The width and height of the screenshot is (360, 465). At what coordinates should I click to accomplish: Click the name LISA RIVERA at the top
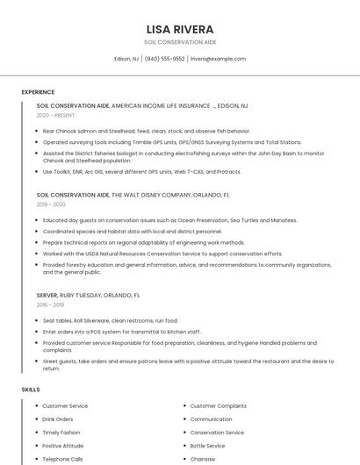179,29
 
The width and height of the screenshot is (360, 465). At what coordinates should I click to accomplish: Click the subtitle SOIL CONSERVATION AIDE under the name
179,42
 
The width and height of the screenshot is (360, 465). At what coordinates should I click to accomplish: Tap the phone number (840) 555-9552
165,59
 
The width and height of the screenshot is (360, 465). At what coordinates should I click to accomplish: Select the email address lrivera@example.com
218,59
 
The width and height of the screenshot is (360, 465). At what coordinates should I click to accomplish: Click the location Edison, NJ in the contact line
126,59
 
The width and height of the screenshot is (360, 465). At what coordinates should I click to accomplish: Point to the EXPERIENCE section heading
38,91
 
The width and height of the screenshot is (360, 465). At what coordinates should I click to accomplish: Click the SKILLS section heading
31,389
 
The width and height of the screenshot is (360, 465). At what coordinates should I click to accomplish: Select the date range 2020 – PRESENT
55,115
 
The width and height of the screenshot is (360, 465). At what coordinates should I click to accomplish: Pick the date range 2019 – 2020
51,204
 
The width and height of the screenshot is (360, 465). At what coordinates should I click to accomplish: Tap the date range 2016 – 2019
50,304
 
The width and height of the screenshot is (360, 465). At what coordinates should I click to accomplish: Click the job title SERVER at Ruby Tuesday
47,296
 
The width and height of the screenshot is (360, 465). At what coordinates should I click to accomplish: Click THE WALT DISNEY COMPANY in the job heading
151,195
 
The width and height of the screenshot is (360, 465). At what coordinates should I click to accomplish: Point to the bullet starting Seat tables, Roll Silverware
110,320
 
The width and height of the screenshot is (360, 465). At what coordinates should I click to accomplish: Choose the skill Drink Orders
58,419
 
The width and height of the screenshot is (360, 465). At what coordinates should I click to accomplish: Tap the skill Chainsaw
203,459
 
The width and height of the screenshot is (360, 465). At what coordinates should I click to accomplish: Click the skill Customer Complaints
218,406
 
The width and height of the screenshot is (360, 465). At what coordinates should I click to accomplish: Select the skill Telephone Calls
62,459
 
